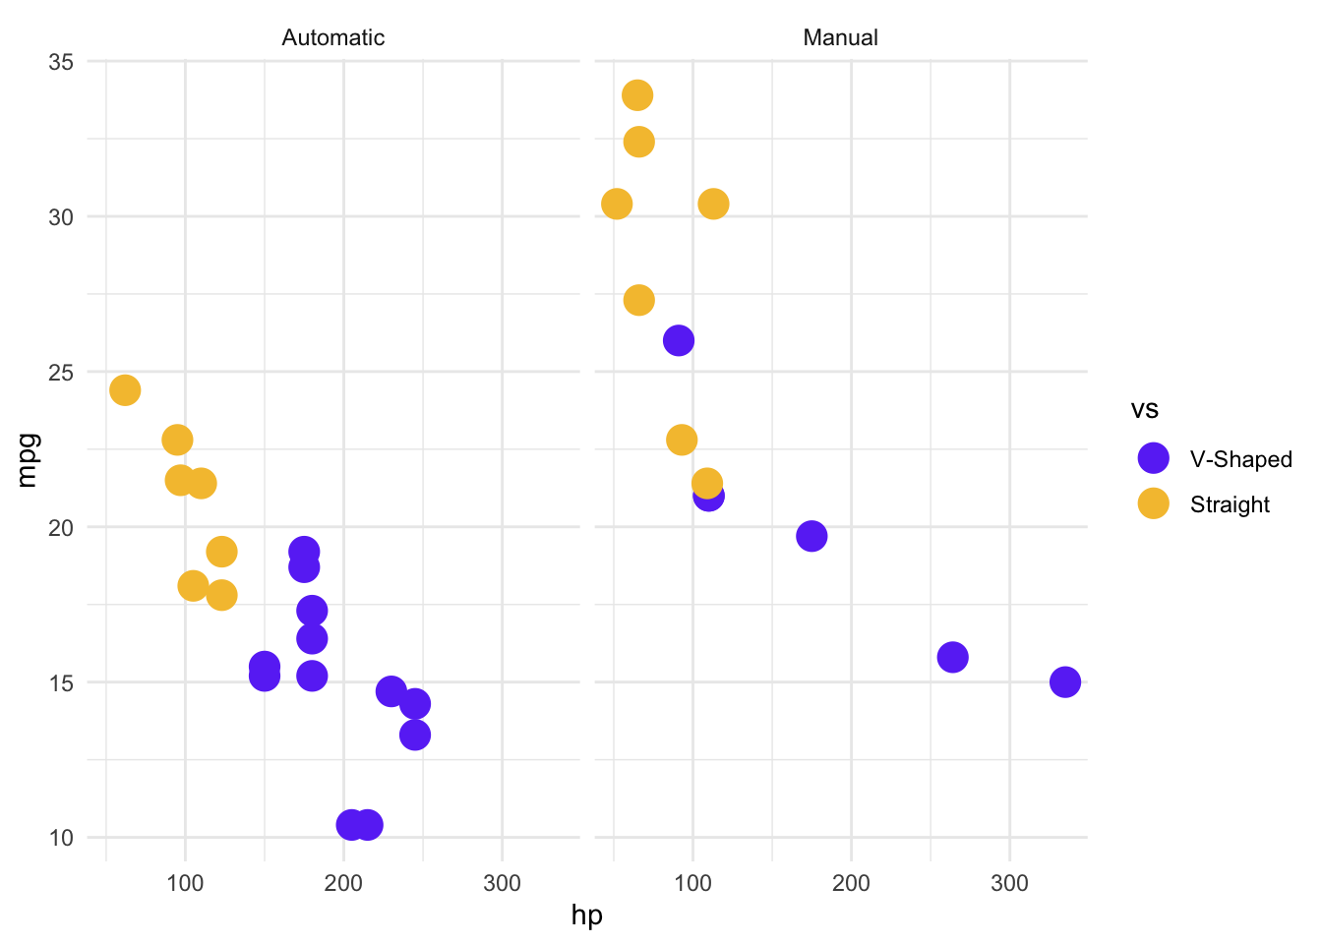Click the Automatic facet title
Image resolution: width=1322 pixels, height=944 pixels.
[332, 37]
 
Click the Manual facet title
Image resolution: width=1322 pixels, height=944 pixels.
[840, 37]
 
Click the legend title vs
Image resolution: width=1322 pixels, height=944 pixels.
[1145, 409]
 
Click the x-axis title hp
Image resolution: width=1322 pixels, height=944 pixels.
[586, 915]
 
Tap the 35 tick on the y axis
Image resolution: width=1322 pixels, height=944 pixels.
[61, 62]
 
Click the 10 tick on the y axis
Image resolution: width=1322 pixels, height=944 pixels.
[61, 838]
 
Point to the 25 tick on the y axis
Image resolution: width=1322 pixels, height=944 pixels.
[61, 373]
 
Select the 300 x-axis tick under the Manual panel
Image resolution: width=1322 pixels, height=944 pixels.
[1009, 883]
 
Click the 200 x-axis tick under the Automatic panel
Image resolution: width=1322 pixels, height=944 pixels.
[343, 883]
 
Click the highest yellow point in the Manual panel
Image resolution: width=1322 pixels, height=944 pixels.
[637, 95]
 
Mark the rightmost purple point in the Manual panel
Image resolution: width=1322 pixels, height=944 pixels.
[1064, 681]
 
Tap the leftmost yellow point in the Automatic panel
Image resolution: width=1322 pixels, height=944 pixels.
[125, 390]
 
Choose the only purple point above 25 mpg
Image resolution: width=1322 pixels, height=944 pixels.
[679, 340]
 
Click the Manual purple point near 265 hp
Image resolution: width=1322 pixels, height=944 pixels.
[952, 657]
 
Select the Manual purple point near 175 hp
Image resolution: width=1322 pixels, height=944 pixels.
[811, 536]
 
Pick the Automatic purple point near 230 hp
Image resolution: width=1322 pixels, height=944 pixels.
[391, 691]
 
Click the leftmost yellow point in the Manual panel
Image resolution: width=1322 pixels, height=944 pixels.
[617, 204]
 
